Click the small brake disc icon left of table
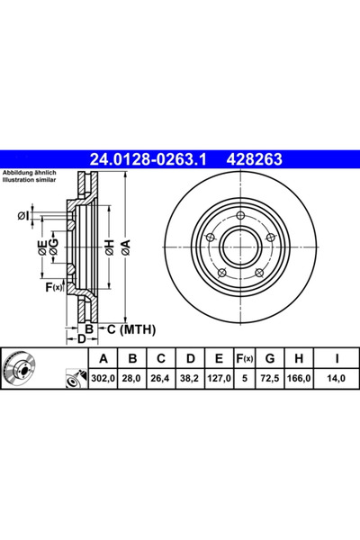[x=21, y=369]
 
